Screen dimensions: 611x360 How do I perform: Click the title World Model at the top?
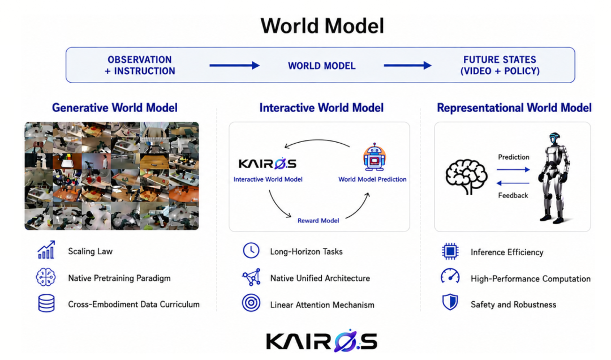pos(322,25)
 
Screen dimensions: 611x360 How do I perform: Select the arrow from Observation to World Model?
pos(235,66)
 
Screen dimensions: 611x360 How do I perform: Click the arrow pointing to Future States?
pos(407,66)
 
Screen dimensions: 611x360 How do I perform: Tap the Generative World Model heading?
pos(114,108)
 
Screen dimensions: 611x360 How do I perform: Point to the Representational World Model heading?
pos(514,108)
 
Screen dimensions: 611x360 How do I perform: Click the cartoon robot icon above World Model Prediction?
pos(374,157)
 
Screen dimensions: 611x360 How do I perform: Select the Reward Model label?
pos(318,221)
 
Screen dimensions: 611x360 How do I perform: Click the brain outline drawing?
pos(466,176)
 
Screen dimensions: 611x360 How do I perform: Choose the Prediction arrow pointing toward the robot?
pos(513,170)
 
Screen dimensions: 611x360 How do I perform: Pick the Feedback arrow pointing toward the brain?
pos(513,183)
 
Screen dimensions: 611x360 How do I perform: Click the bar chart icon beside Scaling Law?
pos(46,250)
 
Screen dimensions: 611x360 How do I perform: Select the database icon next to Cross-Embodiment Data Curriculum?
pos(46,303)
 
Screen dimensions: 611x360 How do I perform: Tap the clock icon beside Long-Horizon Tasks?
pos(251,250)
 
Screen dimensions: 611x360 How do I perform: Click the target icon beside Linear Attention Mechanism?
pos(251,303)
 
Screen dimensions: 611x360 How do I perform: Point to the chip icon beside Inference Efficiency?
pos(450,251)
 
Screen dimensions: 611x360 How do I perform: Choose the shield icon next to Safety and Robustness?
pos(450,302)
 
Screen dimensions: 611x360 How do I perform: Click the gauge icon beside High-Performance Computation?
pos(450,276)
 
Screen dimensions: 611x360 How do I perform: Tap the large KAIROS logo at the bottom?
pos(322,340)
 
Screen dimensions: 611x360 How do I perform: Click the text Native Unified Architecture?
pos(320,278)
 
